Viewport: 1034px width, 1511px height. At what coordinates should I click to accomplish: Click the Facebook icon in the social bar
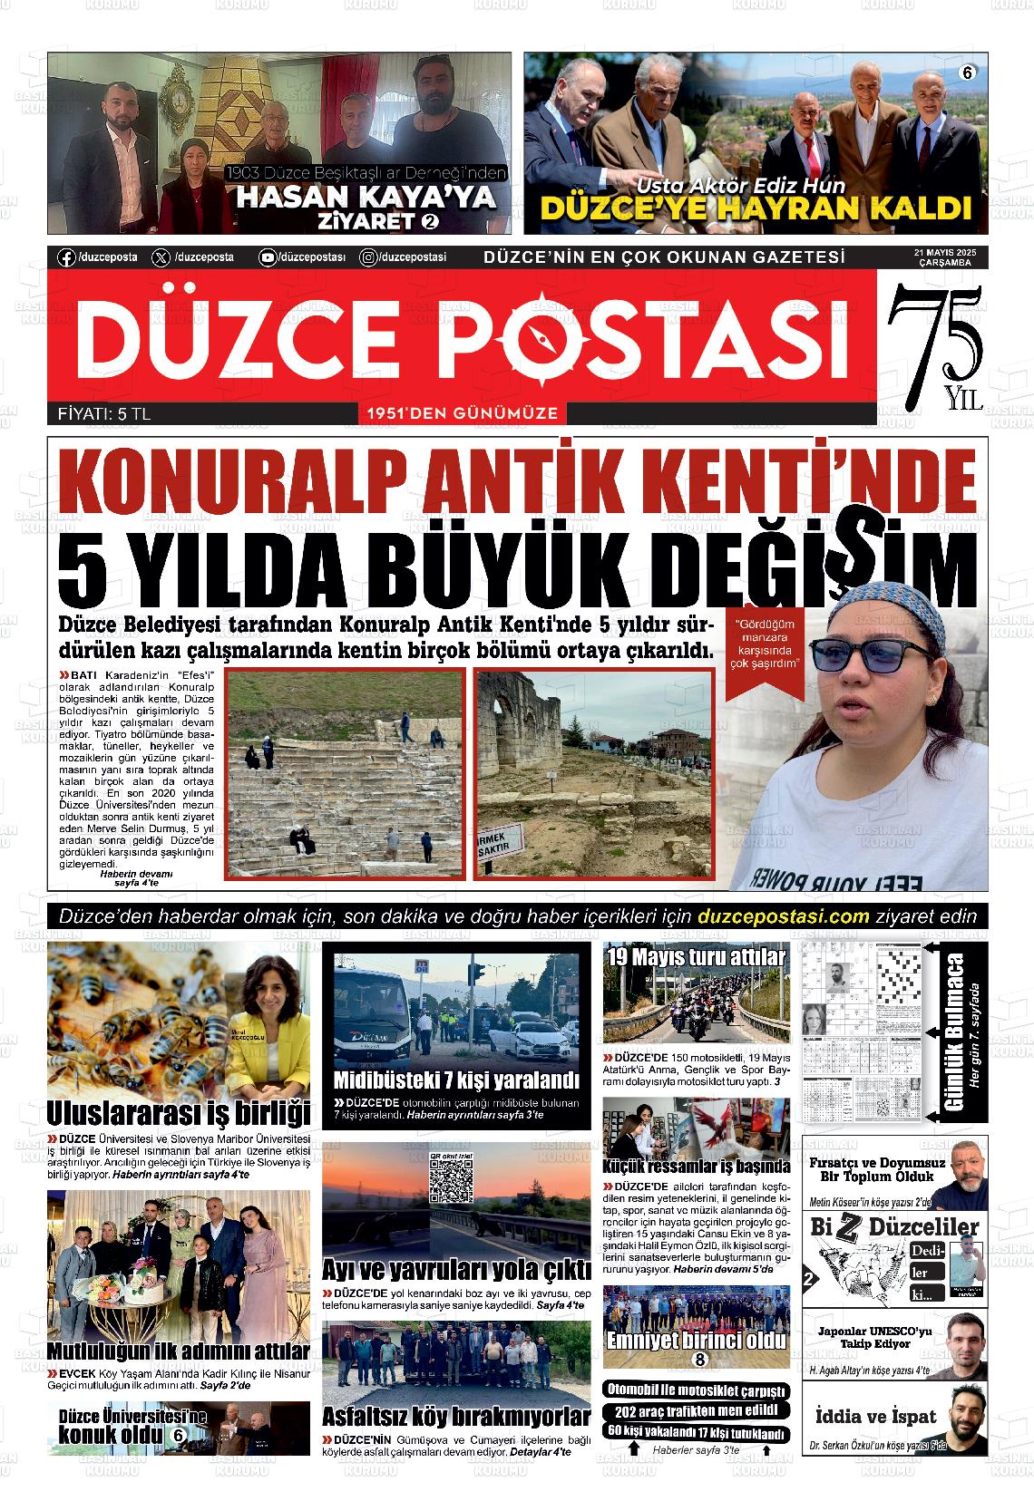(66, 257)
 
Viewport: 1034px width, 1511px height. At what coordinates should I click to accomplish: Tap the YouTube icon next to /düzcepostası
(268, 257)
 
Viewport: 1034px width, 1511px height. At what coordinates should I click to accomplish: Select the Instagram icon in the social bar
(369, 257)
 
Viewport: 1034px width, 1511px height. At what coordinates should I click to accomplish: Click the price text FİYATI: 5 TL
(103, 414)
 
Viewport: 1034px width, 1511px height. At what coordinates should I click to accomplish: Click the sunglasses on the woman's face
(869, 654)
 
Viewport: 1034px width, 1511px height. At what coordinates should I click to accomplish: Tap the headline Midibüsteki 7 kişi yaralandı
(456, 1080)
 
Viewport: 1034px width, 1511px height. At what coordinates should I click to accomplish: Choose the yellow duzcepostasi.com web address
(785, 915)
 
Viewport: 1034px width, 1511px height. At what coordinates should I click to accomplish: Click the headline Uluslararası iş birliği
(179, 1112)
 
